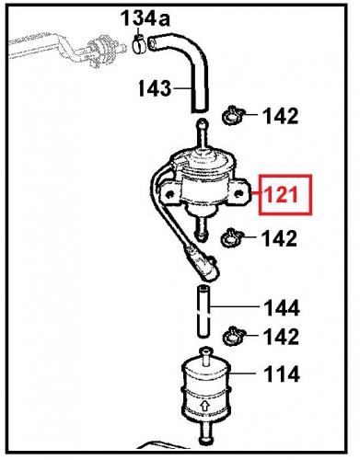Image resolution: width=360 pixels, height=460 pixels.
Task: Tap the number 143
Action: (154, 89)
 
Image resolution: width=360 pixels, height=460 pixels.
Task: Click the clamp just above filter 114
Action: (232, 333)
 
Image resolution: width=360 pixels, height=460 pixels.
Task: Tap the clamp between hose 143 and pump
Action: (231, 117)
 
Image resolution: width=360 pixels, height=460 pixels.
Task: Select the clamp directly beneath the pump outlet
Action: (230, 238)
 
